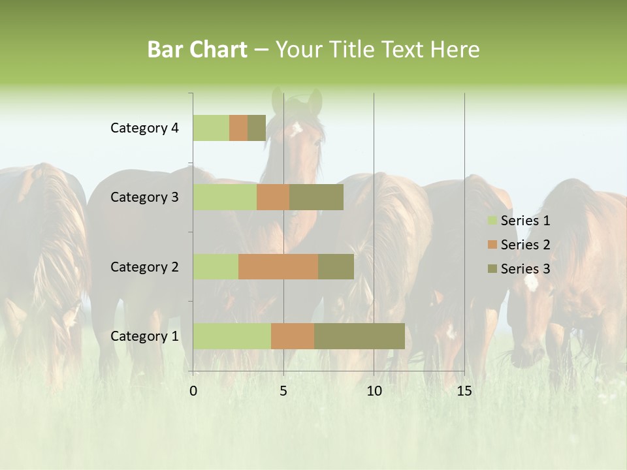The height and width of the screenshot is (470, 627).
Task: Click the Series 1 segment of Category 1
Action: click(232, 336)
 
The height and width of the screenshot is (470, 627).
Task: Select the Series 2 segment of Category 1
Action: click(293, 336)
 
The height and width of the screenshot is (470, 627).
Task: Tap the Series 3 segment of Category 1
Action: click(359, 336)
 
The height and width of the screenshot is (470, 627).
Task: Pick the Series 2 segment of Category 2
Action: click(278, 266)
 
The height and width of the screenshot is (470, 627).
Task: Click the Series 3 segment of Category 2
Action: click(336, 266)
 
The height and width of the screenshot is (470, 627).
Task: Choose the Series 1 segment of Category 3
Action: click(225, 197)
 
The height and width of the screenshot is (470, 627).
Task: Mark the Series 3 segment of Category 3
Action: click(316, 197)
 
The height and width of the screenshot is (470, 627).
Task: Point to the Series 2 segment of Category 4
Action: click(238, 128)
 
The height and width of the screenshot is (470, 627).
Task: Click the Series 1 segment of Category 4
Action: click(211, 128)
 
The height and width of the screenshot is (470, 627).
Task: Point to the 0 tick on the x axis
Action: click(193, 391)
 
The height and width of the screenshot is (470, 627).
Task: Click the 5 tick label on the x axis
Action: click(283, 391)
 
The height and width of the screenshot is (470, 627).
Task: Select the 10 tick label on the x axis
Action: click(374, 391)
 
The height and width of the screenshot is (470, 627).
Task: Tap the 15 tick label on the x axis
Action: click(464, 391)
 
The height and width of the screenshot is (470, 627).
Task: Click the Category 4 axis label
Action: click(144, 128)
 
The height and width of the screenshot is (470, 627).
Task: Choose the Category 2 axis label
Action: click(144, 266)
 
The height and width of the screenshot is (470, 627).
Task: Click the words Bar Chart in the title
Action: click(197, 50)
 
